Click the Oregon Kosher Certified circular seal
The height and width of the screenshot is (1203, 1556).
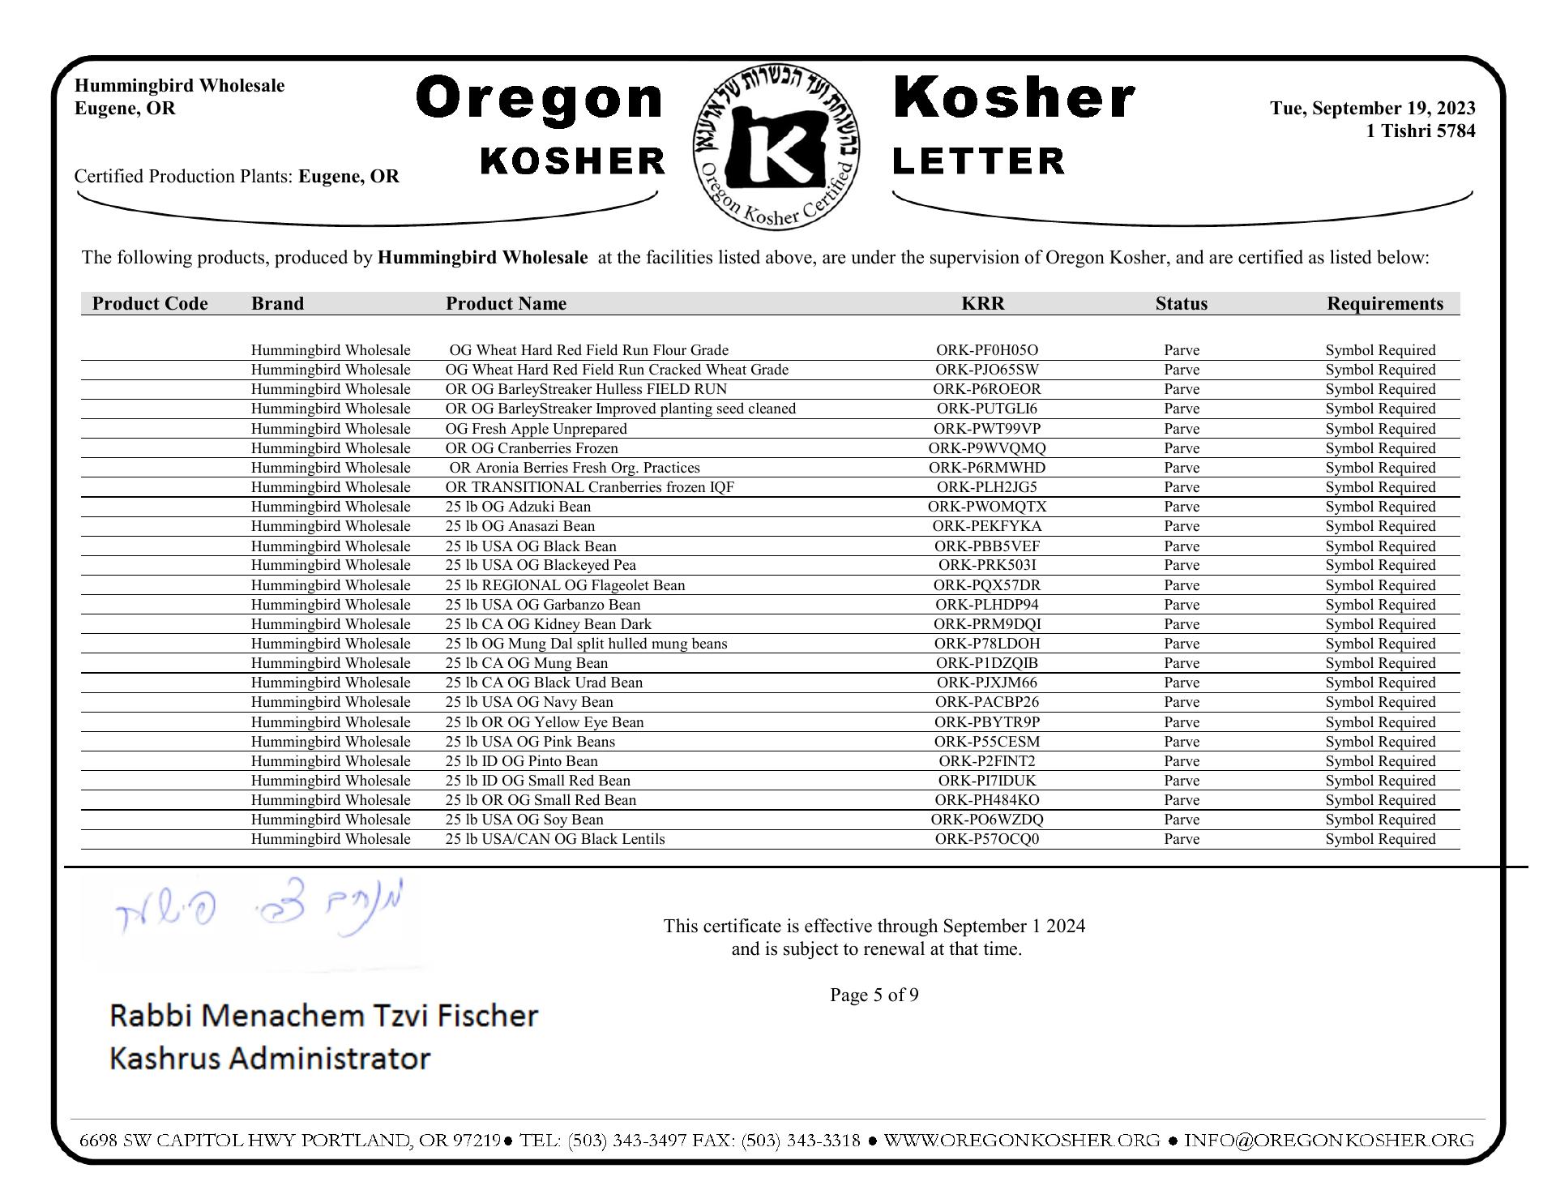click(x=776, y=147)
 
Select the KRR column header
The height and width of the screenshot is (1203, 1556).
click(x=982, y=304)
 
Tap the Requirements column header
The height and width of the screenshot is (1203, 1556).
click(x=1384, y=304)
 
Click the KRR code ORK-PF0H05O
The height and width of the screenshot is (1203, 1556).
click(x=986, y=350)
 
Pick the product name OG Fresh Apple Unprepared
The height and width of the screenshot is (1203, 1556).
click(x=536, y=429)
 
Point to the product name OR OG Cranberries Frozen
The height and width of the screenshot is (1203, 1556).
click(x=531, y=448)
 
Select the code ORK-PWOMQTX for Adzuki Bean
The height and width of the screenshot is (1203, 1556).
click(x=986, y=507)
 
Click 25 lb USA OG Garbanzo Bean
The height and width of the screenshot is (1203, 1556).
click(x=542, y=605)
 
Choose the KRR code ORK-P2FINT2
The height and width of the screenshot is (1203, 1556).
click(x=986, y=761)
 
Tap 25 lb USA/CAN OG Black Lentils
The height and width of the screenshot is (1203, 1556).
click(x=554, y=839)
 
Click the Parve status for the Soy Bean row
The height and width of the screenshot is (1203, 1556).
click(x=1181, y=820)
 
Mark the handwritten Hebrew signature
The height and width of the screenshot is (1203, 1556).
click(x=259, y=915)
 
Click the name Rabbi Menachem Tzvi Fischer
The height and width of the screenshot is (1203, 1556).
click(x=323, y=1016)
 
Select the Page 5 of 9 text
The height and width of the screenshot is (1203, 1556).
click(x=874, y=995)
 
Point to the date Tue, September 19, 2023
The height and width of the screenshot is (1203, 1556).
click(x=1372, y=109)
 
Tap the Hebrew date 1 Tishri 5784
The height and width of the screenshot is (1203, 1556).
click(x=1420, y=131)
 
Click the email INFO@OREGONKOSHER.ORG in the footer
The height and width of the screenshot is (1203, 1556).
click(x=1328, y=1141)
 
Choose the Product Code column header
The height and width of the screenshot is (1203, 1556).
click(x=150, y=304)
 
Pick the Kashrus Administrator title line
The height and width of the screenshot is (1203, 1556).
click(x=269, y=1059)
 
